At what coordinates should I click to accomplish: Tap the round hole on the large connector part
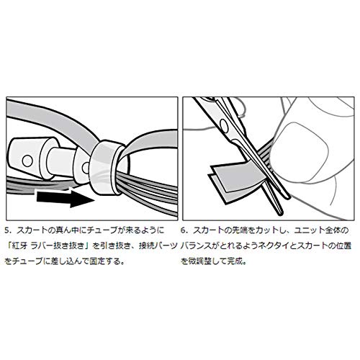pyautogui.click(x=27, y=161)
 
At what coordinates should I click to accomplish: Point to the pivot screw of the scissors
pyautogui.click(x=224, y=125)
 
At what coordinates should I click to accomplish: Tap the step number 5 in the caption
pyautogui.click(x=6, y=230)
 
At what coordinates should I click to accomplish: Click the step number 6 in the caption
pyautogui.click(x=183, y=230)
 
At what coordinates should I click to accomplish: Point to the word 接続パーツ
pyautogui.click(x=158, y=246)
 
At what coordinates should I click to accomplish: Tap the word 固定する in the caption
pyautogui.click(x=104, y=261)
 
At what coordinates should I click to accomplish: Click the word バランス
pyautogui.click(x=196, y=246)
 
